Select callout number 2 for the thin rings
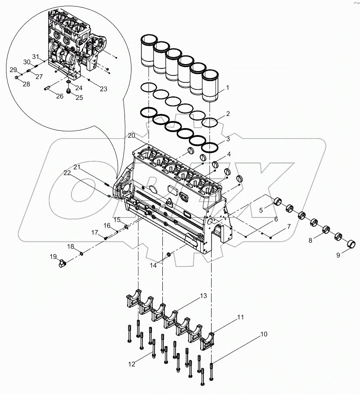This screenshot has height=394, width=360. tap(227, 115)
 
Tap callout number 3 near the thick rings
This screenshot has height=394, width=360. tap(228, 140)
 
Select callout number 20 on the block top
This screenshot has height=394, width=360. tap(131, 136)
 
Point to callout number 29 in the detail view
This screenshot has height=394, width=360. tap(13, 70)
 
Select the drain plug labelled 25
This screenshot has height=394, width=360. tap(68, 91)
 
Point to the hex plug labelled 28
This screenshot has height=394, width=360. tap(16, 78)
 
